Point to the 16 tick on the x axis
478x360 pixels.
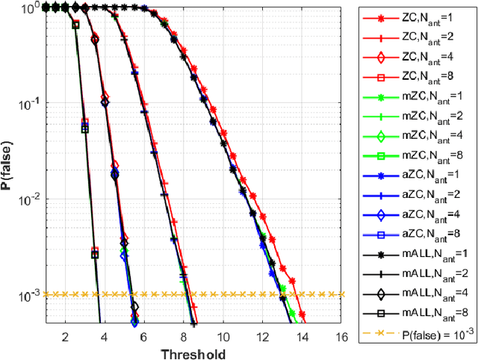(x=341, y=336)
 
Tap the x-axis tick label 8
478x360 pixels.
(x=182, y=336)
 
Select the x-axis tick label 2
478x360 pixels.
(x=63, y=336)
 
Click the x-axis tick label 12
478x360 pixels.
(x=261, y=336)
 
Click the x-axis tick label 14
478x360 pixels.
(x=302, y=336)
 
